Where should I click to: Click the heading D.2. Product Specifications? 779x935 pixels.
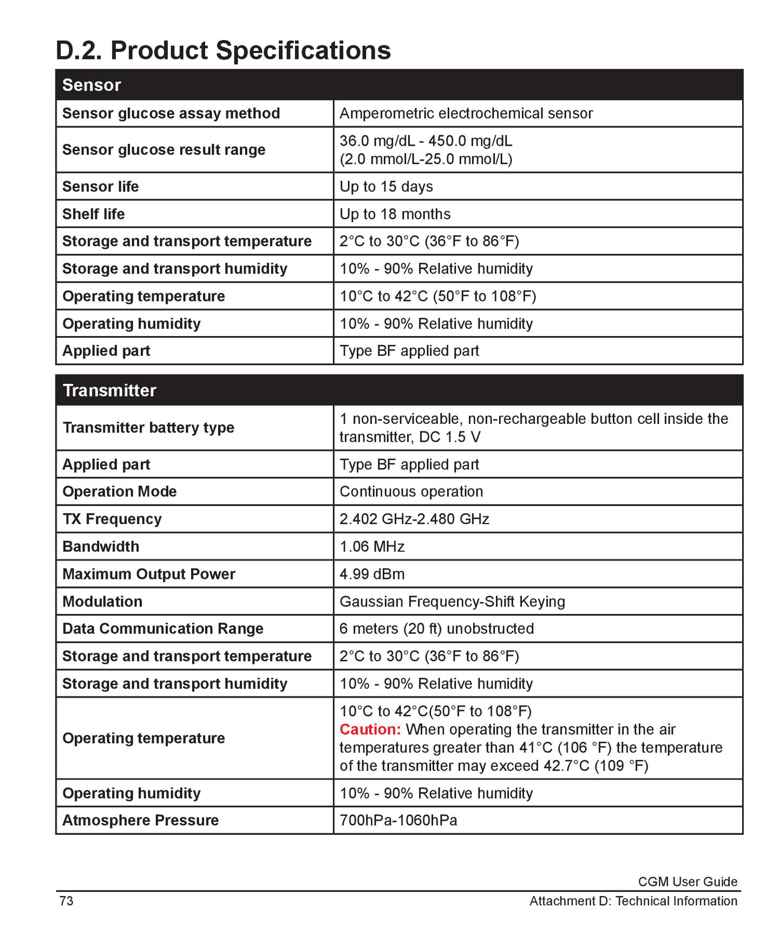click(x=223, y=50)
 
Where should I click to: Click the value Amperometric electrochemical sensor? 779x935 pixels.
click(x=466, y=113)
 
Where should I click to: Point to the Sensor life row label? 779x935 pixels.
click(x=101, y=186)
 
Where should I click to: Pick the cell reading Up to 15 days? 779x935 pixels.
click(x=386, y=186)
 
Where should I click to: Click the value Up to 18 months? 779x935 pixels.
click(x=395, y=214)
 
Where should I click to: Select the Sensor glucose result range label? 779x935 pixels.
click(x=163, y=149)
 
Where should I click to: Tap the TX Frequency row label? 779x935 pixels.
click(x=112, y=519)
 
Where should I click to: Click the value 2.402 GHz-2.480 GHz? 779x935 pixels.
click(x=414, y=519)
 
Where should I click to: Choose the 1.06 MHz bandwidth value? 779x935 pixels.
click(x=372, y=546)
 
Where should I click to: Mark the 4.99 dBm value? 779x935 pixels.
click(x=372, y=574)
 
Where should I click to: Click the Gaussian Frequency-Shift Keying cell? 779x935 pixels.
click(x=452, y=601)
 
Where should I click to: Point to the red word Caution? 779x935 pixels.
click(x=370, y=729)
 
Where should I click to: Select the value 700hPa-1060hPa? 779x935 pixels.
click(x=398, y=820)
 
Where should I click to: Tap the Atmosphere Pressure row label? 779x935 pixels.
click(x=140, y=820)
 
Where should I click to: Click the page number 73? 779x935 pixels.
click(x=66, y=901)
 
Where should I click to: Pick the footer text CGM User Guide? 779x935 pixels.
click(x=687, y=881)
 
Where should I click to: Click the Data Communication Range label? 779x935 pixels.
click(x=162, y=629)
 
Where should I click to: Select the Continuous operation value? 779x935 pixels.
click(x=411, y=492)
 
